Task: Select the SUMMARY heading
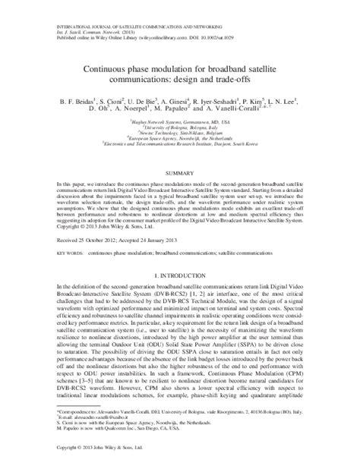(x=179, y=173)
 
